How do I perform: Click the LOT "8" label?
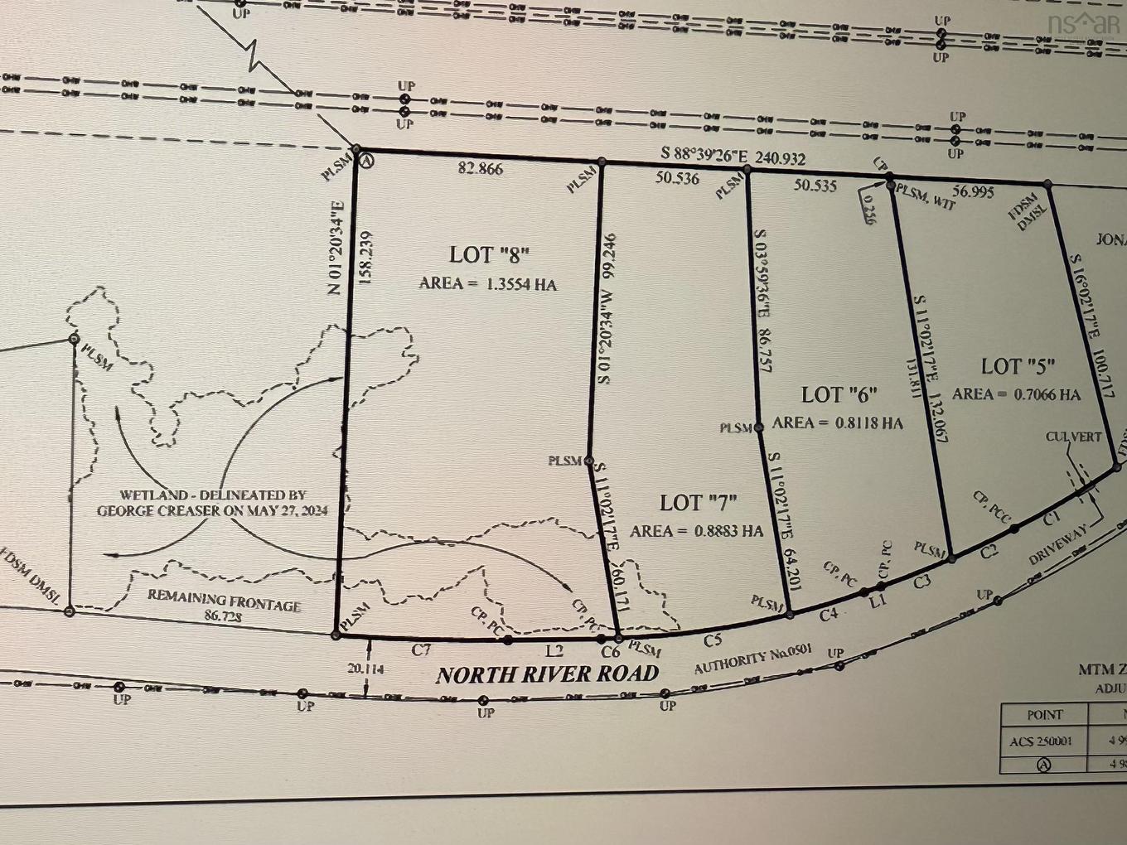tap(489, 254)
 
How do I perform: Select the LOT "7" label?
tap(699, 502)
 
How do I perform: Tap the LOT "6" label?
tap(839, 394)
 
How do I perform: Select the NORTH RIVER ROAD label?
tap(548, 674)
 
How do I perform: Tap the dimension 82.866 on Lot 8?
tap(481, 169)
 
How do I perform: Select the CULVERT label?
tap(1073, 437)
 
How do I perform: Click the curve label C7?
tap(422, 650)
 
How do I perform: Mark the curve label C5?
tap(713, 640)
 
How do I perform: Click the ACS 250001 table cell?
tap(1041, 741)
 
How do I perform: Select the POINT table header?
tap(1044, 714)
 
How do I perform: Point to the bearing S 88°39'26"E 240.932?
tap(733, 156)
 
